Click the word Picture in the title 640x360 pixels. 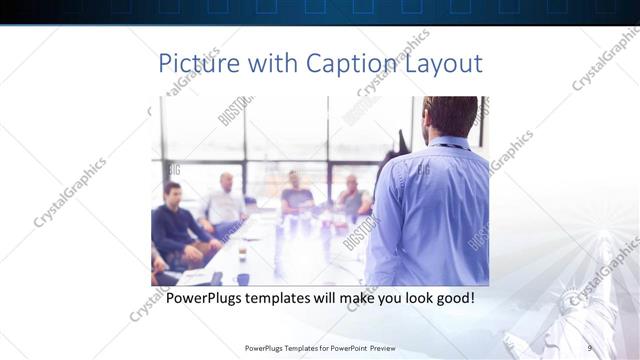198,64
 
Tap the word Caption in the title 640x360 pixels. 350,64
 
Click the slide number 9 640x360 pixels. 590,347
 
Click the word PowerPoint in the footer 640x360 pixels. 346,347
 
